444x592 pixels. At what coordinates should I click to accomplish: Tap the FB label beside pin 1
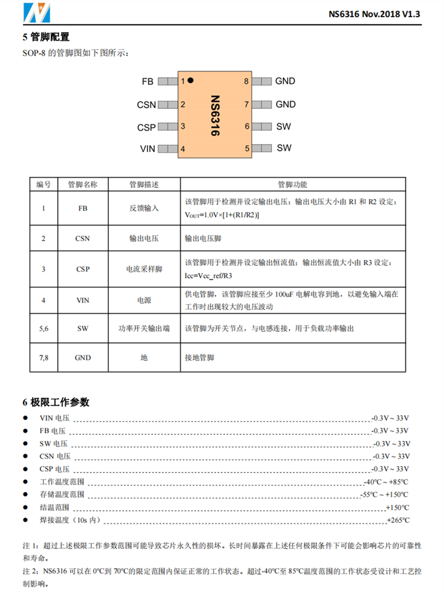coord(147,81)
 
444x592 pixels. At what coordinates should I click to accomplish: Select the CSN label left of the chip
coord(146,105)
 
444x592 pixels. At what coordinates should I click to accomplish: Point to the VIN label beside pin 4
coord(147,149)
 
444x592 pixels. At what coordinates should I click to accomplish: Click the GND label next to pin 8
coord(285,81)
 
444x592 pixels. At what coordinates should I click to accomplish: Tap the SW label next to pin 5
coord(284,148)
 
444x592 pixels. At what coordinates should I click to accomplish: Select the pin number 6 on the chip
coord(247,127)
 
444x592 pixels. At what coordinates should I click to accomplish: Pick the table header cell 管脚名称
coord(83,184)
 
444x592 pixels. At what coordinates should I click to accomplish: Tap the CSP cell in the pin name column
coord(83,269)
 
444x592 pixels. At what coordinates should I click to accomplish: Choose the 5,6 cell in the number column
coord(44,329)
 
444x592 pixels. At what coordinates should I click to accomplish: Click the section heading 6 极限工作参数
coord(56,403)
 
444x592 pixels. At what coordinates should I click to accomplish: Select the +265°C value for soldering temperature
coord(397,520)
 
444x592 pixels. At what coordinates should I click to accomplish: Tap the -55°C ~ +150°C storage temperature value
coord(384,494)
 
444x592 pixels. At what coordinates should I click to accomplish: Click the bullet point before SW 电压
coord(25,443)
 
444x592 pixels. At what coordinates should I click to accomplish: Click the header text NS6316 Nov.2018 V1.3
coord(374,15)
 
